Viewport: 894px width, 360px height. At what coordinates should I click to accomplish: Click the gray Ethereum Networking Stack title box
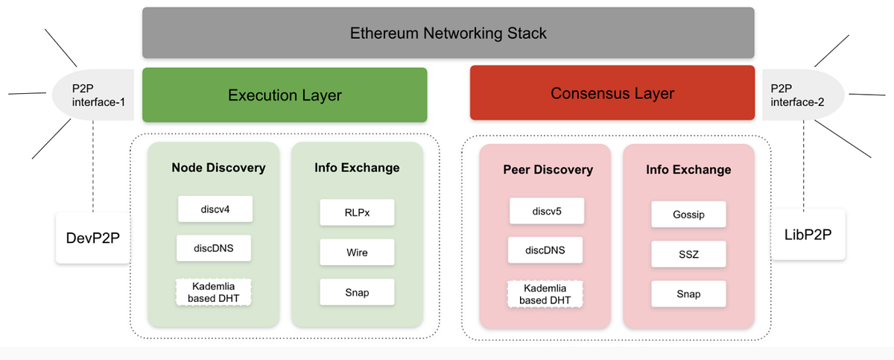[448, 33]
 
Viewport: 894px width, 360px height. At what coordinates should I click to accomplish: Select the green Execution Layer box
[285, 95]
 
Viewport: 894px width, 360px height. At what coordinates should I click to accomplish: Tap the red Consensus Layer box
[612, 93]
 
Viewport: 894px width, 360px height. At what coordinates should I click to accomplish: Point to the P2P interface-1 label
[95, 95]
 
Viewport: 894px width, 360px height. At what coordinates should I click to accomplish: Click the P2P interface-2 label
[798, 95]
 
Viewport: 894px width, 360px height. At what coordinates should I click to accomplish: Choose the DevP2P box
[93, 237]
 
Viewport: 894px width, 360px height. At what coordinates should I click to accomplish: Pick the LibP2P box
[808, 234]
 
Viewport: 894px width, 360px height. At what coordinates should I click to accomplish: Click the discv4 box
[215, 209]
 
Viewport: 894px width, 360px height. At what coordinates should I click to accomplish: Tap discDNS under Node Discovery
[215, 248]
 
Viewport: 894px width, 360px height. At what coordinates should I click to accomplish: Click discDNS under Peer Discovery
[546, 250]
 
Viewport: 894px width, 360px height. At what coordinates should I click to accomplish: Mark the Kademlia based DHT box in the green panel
[215, 292]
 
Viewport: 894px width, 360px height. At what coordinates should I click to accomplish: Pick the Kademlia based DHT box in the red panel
[545, 294]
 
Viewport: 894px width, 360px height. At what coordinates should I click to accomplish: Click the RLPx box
[356, 212]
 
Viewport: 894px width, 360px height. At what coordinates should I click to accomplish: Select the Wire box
[356, 253]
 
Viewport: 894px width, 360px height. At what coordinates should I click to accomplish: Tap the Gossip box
[688, 215]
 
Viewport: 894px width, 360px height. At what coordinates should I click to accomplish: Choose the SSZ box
[688, 254]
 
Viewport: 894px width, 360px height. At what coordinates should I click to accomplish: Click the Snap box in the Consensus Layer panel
[688, 294]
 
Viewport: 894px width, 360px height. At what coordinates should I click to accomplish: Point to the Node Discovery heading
[218, 168]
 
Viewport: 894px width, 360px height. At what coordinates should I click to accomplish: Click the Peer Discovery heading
[548, 169]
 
